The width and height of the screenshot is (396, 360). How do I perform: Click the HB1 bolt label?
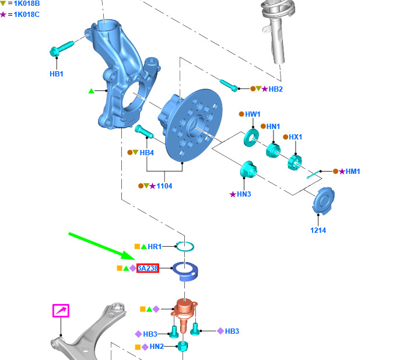pos(57,74)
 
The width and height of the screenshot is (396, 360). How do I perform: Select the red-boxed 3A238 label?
pos(148,268)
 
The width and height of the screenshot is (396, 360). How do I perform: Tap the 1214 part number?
pos(318,230)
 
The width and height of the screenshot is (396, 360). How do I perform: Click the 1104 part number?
pos(164,186)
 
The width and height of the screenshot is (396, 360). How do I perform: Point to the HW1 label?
pos(253,114)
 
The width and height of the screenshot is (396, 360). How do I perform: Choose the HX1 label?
pos(295,137)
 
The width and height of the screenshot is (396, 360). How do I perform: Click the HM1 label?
pos(353,172)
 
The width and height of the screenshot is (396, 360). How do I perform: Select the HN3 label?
pos(244,194)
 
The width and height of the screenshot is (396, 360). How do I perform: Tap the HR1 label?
pos(155,246)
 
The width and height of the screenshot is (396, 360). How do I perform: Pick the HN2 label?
pos(156,347)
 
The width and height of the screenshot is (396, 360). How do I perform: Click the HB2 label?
pos(275,89)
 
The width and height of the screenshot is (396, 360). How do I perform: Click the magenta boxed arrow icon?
pos(61,311)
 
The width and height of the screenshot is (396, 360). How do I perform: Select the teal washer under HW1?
pos(251,138)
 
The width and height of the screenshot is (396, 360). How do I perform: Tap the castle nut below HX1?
pos(295,162)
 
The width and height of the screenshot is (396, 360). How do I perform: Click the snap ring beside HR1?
pos(185,247)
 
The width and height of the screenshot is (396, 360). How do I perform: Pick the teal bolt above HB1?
pos(62,48)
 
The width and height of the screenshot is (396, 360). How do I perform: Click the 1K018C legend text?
pos(26,15)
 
